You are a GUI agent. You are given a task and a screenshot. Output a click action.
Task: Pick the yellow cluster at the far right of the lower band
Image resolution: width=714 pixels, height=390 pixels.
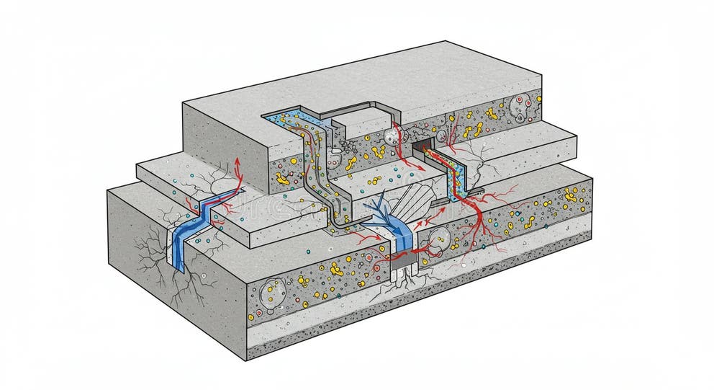pyautogui.click(x=573, y=195)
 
